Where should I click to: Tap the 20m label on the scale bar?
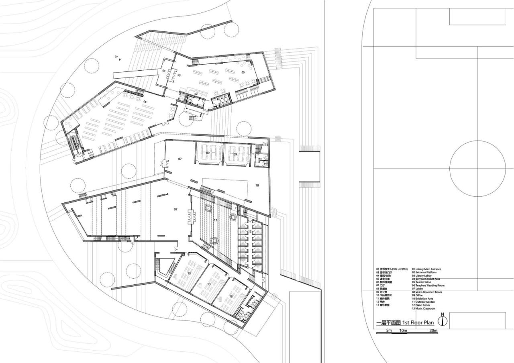(433, 331)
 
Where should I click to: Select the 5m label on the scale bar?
(389, 331)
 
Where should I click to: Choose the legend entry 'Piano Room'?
(421, 305)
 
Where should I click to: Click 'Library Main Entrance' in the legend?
(426, 269)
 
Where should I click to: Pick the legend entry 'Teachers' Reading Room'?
(428, 286)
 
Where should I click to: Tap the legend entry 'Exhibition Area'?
(422, 299)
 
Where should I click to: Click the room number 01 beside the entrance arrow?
(116, 57)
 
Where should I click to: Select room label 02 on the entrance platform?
(164, 71)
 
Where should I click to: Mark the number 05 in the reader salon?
(243, 72)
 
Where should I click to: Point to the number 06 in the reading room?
(145, 102)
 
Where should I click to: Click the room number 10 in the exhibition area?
(257, 185)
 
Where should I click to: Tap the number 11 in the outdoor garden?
(215, 220)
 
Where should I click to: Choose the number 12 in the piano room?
(249, 231)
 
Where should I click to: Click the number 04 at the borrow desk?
(196, 94)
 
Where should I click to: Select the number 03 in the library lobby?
(179, 75)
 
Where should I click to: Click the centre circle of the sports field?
(477, 169)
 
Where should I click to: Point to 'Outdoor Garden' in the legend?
(423, 302)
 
